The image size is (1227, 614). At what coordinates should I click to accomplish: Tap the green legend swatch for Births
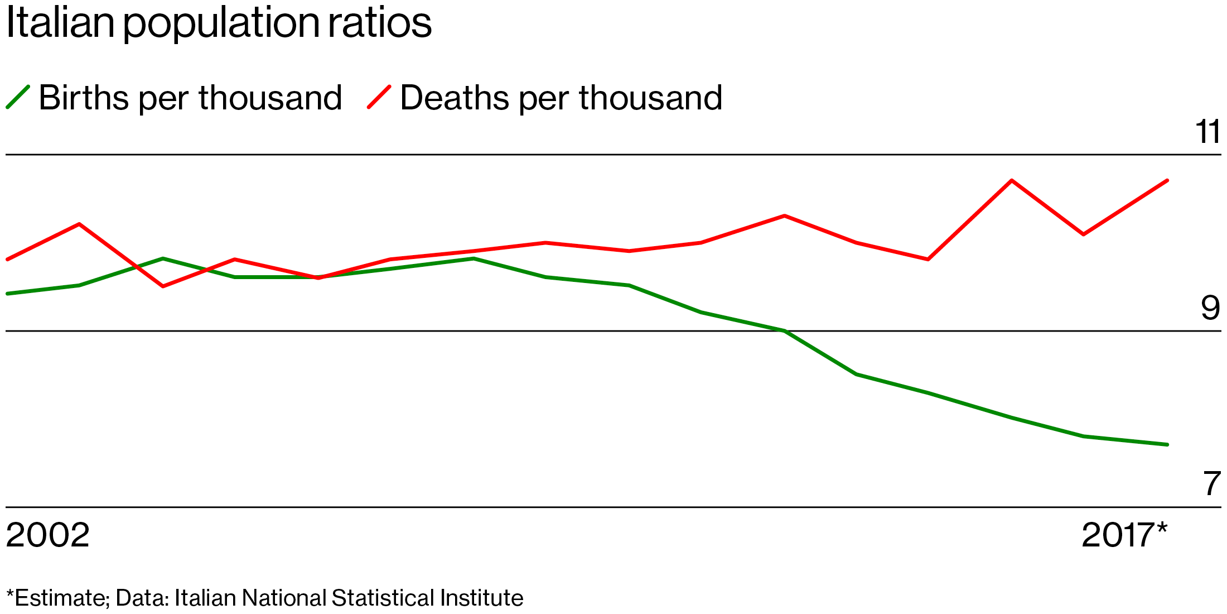(x=18, y=97)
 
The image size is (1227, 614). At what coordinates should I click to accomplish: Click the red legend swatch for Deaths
(x=379, y=97)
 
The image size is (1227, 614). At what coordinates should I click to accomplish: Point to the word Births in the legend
(x=84, y=98)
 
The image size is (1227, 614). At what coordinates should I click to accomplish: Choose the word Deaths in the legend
(x=455, y=98)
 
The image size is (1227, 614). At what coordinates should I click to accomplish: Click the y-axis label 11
(x=1207, y=132)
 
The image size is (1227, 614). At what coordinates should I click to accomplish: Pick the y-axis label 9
(x=1211, y=308)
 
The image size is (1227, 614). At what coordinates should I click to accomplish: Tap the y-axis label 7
(x=1212, y=483)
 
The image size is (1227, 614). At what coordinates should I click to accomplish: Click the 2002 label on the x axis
(x=48, y=535)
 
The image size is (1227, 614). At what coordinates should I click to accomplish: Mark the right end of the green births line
(x=1167, y=444)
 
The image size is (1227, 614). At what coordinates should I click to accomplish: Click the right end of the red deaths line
(x=1167, y=180)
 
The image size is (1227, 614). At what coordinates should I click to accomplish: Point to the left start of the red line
(x=7, y=260)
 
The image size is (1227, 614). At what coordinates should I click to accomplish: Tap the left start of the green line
(x=7, y=294)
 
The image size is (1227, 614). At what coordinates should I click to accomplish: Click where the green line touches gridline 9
(x=784, y=331)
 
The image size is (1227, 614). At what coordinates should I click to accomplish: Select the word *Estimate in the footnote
(x=58, y=598)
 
